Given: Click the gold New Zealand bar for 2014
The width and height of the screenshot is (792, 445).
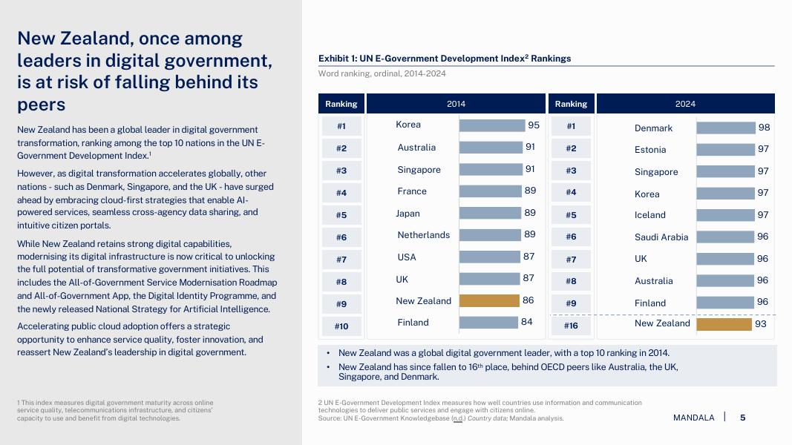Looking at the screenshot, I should click(489, 301).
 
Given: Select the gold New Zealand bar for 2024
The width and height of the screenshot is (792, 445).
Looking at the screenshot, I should click(724, 324).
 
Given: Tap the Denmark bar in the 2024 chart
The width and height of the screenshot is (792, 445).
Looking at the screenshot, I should click(725, 128).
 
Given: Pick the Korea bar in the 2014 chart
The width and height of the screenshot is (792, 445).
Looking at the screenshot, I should click(492, 126).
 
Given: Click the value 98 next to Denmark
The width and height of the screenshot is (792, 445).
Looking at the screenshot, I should click(764, 128).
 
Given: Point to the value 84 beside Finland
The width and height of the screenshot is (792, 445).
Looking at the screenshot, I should click(526, 322).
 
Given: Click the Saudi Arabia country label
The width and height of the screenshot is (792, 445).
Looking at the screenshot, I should click(661, 237).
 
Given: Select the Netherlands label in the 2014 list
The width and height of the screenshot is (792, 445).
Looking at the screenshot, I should click(424, 235).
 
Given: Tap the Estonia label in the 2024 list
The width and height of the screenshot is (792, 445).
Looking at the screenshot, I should click(650, 150).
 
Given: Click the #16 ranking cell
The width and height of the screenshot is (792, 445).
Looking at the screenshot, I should click(571, 326).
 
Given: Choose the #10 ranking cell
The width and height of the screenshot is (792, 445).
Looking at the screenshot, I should click(341, 326).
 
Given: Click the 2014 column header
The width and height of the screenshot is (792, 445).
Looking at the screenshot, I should click(456, 104).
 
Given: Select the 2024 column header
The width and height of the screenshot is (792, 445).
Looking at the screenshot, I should click(685, 104).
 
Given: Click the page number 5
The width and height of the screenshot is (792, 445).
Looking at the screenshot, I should click(742, 418).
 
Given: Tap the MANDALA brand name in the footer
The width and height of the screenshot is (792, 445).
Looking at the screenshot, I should click(693, 418).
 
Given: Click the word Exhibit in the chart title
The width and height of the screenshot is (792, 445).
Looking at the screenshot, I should click(335, 59).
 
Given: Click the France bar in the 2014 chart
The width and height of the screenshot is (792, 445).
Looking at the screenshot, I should click(490, 191).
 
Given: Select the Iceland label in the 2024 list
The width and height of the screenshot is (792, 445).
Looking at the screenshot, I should click(650, 215).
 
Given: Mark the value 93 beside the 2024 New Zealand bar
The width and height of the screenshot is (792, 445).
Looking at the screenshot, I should click(761, 324).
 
